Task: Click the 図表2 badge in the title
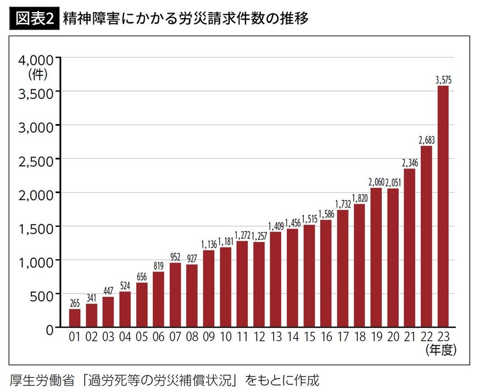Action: [34, 19]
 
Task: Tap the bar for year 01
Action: [75, 318]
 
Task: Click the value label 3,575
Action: [443, 80]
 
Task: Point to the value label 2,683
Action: [426, 141]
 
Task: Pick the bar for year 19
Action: [376, 258]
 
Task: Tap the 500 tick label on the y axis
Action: [42, 294]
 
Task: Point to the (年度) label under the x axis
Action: [441, 349]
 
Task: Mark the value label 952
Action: [175, 257]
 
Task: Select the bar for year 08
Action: [192, 296]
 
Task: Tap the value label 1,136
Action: [209, 245]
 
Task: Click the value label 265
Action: [75, 304]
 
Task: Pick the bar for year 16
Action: [326, 274]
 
